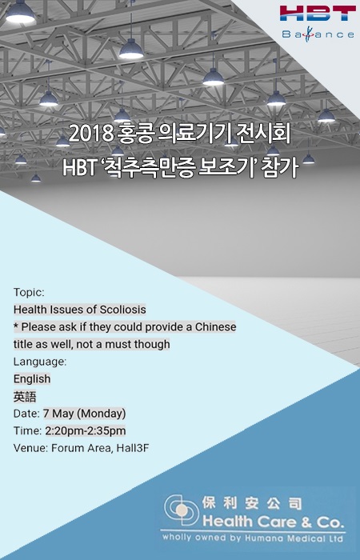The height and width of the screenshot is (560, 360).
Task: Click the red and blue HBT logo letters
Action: [x=318, y=13]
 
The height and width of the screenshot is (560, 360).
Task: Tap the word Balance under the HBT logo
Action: [x=318, y=34]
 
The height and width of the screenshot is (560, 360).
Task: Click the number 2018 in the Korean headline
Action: [x=90, y=134]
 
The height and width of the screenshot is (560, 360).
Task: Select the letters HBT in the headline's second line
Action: [x=79, y=167]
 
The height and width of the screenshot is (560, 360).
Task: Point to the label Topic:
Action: [x=29, y=293]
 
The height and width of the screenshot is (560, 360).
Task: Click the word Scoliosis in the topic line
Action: [x=122, y=310]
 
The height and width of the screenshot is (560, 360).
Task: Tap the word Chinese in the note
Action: [x=215, y=326]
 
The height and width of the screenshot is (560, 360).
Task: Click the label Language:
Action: [x=40, y=362]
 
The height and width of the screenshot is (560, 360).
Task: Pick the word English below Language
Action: [x=32, y=379]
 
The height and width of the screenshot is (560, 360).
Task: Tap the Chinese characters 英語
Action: [x=25, y=397]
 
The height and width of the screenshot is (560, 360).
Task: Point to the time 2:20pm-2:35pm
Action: [x=86, y=430]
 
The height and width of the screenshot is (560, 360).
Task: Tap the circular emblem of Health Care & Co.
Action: [x=181, y=510]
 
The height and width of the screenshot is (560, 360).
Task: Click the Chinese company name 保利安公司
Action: [x=252, y=503]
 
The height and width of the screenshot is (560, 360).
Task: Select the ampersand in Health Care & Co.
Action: [x=306, y=522]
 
